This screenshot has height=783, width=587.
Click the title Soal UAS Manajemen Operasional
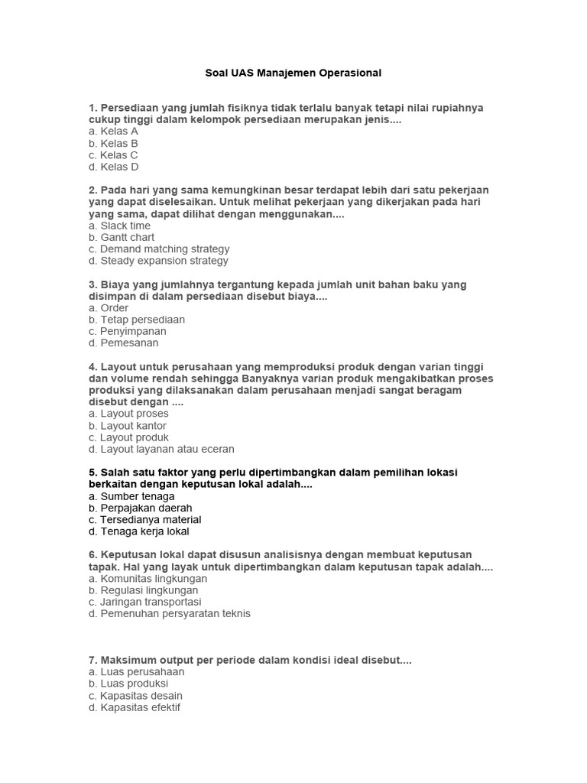(293, 73)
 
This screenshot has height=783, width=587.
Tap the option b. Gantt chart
(122, 237)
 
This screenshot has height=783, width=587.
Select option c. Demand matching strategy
(159, 249)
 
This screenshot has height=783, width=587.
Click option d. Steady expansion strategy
(158, 261)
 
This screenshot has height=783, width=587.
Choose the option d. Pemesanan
(124, 343)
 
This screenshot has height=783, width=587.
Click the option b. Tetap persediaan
(137, 320)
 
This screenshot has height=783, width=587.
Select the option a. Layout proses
(128, 414)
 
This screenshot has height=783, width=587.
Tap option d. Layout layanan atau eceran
(161, 449)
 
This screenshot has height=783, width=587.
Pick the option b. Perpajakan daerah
(141, 508)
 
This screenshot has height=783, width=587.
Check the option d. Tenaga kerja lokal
(139, 531)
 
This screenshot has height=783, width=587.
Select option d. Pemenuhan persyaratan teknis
(170, 613)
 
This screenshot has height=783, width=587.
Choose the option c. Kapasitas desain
(135, 696)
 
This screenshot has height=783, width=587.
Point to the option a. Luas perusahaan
(136, 672)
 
